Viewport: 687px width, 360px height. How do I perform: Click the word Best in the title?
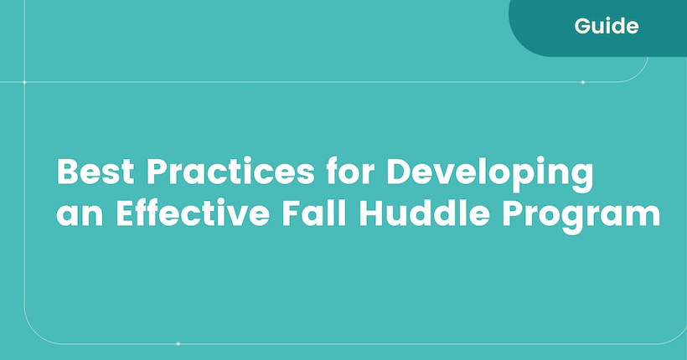point(96,172)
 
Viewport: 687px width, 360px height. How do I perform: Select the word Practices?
point(230,172)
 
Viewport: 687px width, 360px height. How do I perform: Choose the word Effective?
point(193,213)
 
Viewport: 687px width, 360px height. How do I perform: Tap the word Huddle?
point(424,213)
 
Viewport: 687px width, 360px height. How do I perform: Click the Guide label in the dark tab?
point(607,26)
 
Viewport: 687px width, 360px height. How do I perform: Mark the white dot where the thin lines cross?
point(24,82)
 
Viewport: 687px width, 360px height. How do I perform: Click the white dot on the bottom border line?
point(178,344)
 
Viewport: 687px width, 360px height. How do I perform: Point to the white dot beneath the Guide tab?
point(583,82)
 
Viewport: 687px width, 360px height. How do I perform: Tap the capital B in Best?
point(67,172)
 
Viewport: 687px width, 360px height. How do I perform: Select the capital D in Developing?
point(398,172)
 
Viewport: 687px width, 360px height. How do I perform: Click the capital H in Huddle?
point(371,213)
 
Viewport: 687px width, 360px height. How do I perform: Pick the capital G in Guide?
point(583,26)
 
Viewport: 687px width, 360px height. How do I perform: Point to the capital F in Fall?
point(291,213)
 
